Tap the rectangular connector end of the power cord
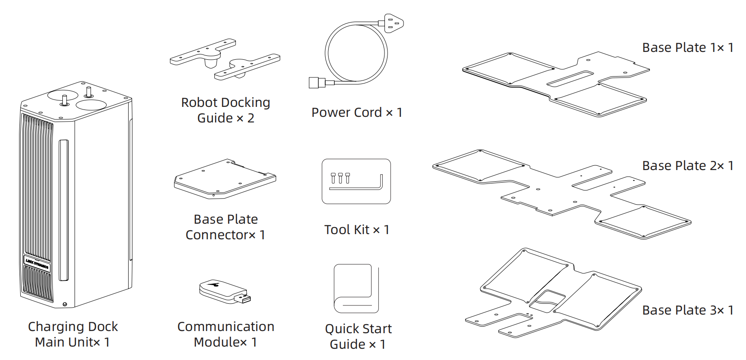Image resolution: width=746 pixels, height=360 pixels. point(316,83)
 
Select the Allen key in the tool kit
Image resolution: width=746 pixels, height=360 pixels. point(359,183)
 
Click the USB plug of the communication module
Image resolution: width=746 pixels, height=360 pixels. point(243,299)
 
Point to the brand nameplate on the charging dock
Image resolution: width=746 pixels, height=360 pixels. point(37,263)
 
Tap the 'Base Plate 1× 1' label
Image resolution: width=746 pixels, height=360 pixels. point(688,48)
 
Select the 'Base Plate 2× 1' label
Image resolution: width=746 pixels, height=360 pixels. point(688,166)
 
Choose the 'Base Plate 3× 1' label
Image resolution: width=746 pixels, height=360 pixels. point(688,310)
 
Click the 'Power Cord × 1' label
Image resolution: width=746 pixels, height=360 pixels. point(357,112)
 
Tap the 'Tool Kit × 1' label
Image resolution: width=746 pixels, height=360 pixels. point(357,230)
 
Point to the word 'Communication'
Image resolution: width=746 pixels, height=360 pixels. point(226,327)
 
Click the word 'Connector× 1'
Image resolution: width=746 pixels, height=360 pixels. point(225,235)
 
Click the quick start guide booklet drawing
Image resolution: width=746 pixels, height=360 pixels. point(356,289)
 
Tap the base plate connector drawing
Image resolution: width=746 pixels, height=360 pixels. point(225,179)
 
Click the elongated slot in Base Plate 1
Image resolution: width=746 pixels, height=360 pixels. point(570,79)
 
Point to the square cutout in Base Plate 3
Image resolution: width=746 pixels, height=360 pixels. point(547,301)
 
